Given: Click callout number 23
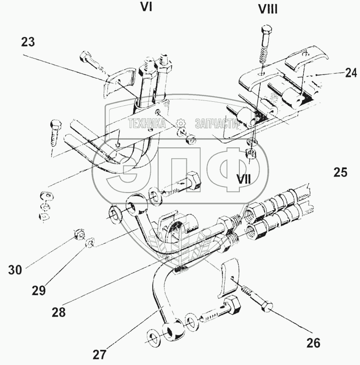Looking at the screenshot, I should pos(27,42).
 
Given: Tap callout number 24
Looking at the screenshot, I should pos(351,73).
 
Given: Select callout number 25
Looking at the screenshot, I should pos(340,172).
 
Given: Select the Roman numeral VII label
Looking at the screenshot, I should pos(244,178).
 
